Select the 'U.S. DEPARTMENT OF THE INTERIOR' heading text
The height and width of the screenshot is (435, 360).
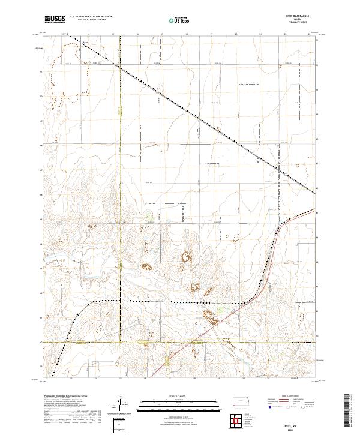91,17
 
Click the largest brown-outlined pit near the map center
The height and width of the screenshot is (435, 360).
186,257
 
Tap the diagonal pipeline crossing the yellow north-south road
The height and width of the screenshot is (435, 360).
119,67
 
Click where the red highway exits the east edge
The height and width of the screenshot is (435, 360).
316,210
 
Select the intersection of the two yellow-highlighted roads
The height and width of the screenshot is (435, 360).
119,343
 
